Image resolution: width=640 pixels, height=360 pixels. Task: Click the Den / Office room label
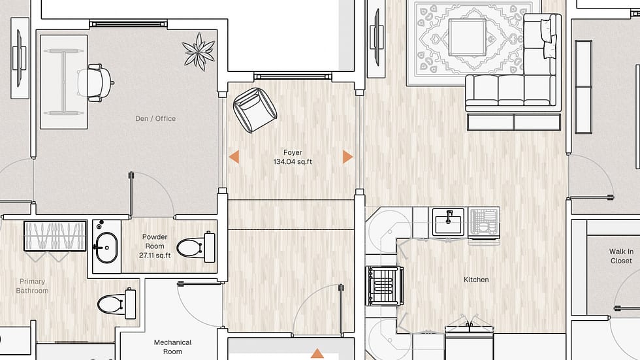[x=155, y=118]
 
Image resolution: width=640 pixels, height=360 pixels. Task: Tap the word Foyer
[x=293, y=152]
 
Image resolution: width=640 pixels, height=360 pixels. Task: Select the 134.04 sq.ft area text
[x=293, y=161]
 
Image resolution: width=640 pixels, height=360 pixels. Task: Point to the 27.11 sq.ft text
[x=155, y=255]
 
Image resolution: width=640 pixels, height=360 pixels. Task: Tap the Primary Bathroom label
[x=33, y=286]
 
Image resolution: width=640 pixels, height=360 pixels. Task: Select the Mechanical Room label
[x=172, y=346]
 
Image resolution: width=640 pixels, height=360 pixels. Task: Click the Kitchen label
[x=476, y=280]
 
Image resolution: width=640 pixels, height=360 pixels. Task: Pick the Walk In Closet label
[x=621, y=256]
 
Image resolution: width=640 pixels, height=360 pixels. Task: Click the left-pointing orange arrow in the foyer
[x=233, y=157]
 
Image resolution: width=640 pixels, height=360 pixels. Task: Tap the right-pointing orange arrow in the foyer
[x=347, y=157]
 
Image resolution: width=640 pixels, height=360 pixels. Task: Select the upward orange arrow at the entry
[x=317, y=354]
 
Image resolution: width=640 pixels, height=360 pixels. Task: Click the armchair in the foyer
[x=255, y=108]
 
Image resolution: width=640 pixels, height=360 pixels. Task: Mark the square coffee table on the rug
[x=467, y=37]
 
